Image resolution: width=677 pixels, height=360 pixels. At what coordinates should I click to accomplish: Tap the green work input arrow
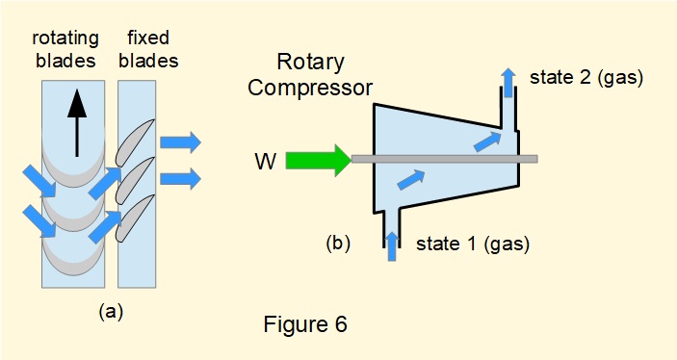[x=317, y=159]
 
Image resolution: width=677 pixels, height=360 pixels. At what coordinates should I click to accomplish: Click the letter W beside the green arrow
[x=266, y=161]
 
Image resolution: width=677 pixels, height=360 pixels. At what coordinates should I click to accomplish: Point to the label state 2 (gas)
[x=586, y=74]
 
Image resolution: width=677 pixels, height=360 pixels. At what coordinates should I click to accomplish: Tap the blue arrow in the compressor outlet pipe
[x=508, y=83]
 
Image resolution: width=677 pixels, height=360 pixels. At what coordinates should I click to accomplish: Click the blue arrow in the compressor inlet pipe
[x=392, y=243]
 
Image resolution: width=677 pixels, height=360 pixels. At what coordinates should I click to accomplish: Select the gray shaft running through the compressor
[x=443, y=158]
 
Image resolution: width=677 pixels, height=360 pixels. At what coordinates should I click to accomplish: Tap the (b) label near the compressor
[x=337, y=243]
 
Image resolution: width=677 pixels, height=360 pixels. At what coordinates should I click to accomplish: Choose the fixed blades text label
[x=148, y=48]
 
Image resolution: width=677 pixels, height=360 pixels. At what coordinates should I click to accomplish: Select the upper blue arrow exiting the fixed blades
[x=180, y=143]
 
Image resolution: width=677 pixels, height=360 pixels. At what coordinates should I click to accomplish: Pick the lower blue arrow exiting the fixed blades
[x=180, y=178]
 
